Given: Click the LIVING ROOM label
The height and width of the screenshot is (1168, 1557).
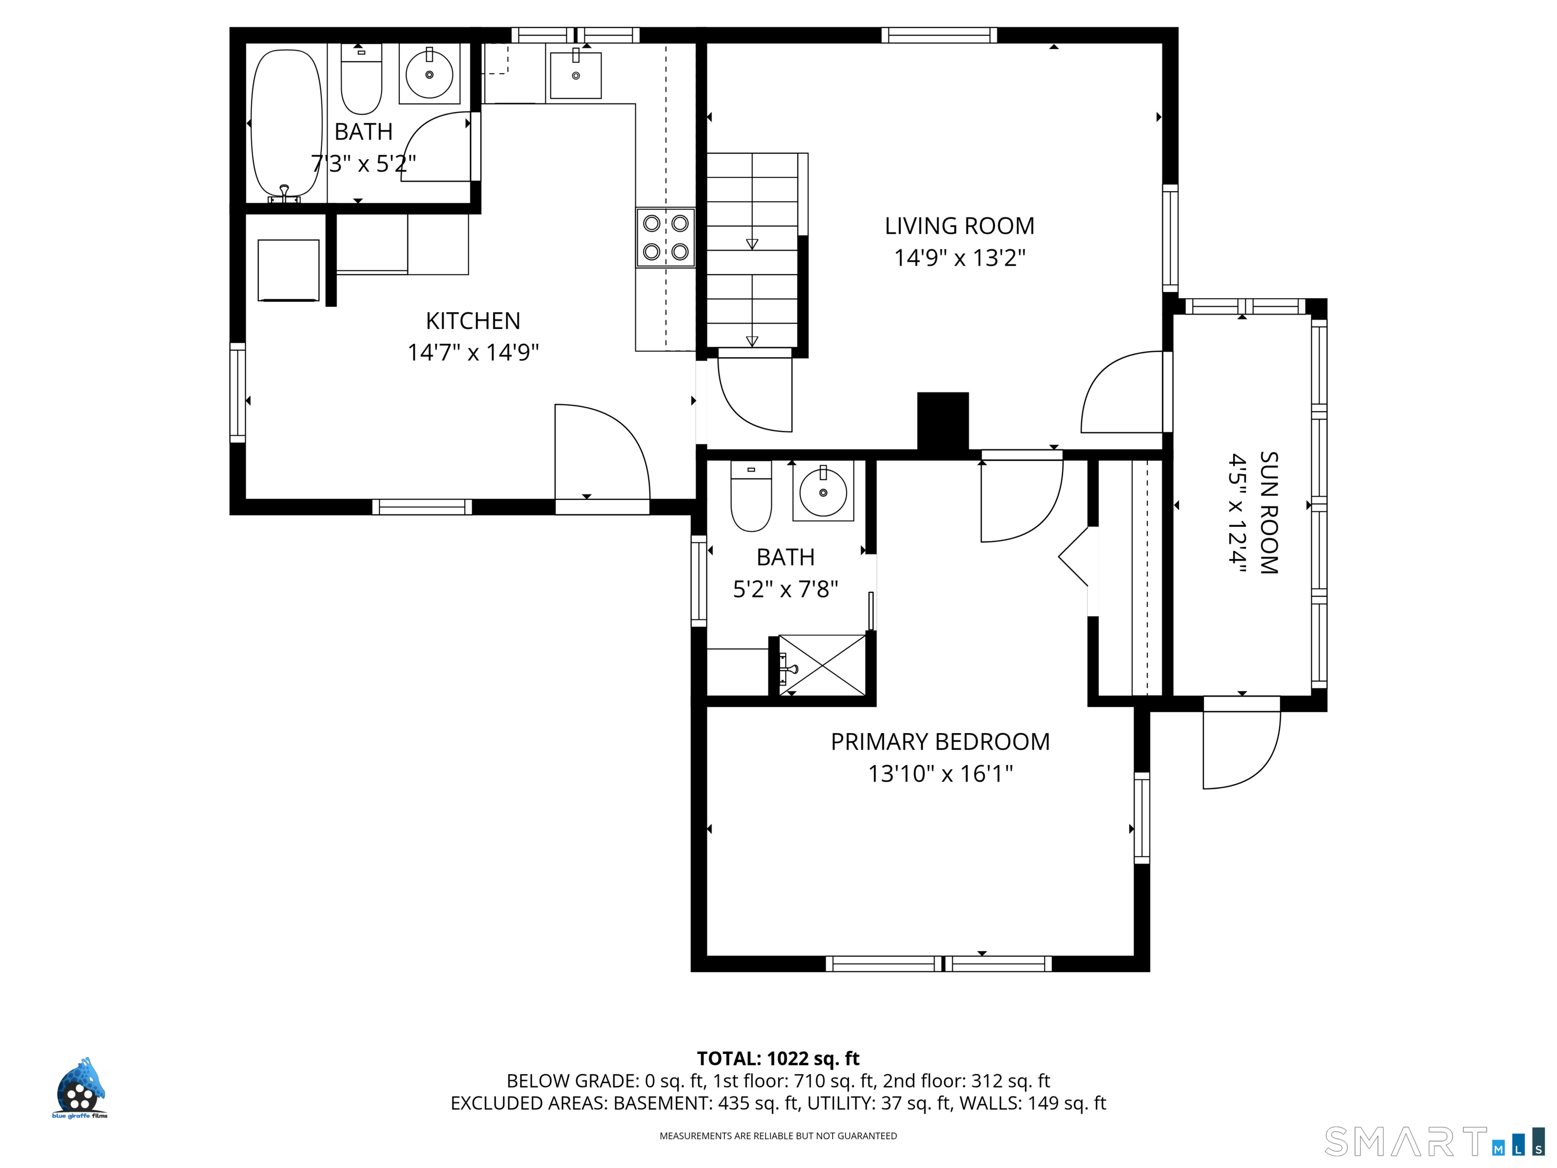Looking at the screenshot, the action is tap(959, 226).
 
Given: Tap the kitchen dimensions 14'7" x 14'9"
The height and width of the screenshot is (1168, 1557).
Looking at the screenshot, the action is tap(473, 352).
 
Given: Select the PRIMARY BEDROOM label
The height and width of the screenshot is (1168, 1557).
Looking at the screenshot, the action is tap(940, 742).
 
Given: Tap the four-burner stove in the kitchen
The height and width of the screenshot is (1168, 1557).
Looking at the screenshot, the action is tap(665, 237).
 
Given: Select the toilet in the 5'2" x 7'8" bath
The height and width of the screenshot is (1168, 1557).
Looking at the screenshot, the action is tap(751, 496).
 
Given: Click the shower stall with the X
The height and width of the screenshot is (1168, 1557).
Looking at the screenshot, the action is tap(823, 665).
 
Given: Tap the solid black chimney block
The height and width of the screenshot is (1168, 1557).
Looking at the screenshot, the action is tap(943, 421).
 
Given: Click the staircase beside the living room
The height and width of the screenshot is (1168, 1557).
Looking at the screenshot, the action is tap(753, 250).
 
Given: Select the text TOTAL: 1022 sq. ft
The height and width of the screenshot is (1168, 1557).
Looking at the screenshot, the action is tap(778, 1059).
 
